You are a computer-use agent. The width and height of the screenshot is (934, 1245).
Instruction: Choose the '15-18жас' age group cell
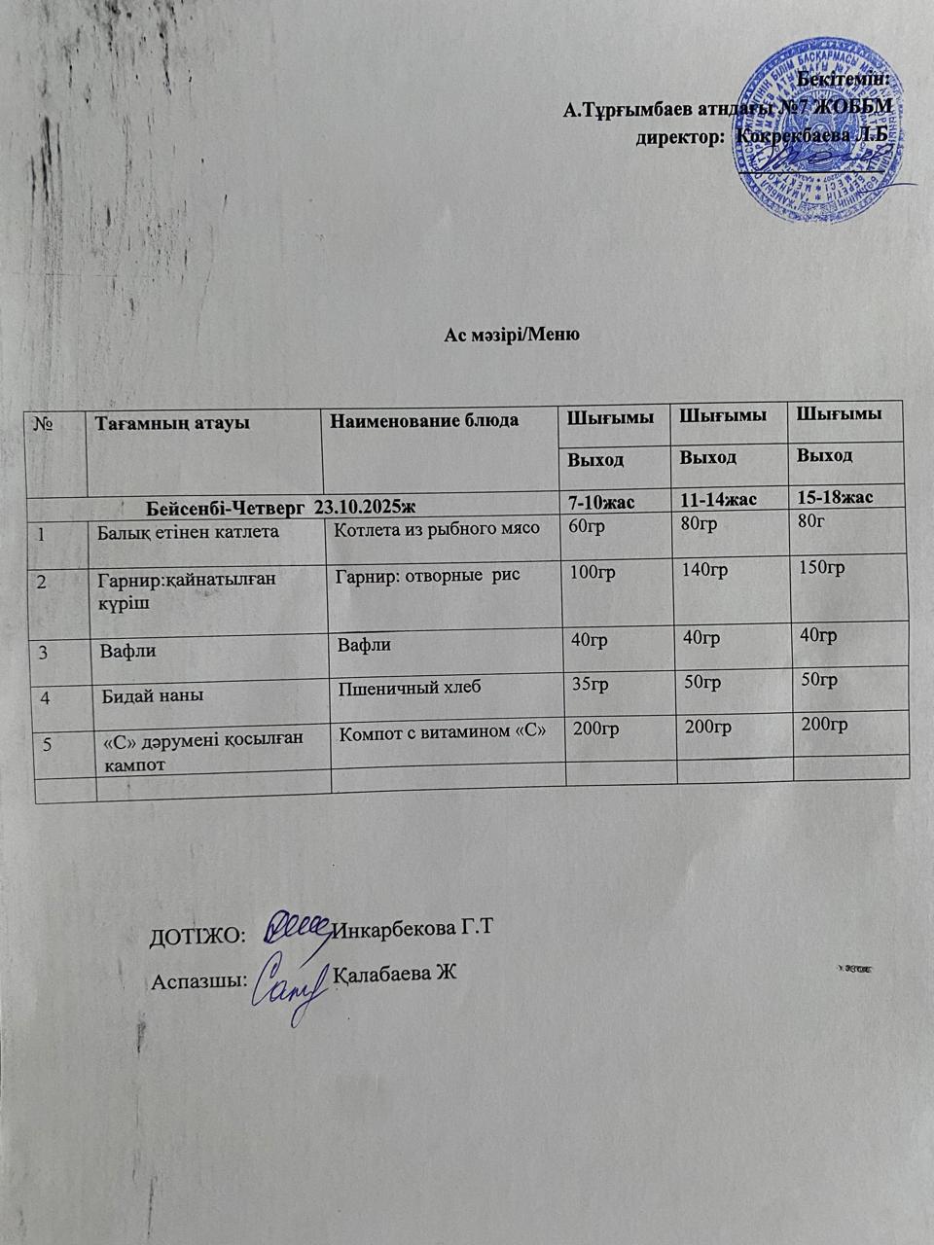tap(834, 497)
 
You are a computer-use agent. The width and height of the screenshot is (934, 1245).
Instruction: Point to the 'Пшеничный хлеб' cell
tap(410, 688)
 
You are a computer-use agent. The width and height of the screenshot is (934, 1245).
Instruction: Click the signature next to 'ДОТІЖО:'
tap(298, 925)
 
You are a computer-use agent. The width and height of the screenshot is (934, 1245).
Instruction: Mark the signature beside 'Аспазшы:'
tap(288, 981)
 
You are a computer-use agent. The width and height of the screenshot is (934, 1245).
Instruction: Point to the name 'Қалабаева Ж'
tap(395, 975)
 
